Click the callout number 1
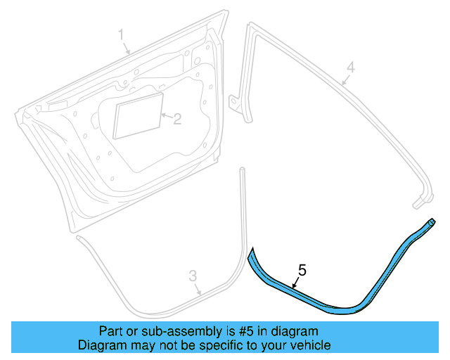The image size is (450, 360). pyautogui.click(x=121, y=34)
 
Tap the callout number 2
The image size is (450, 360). pyautogui.click(x=178, y=119)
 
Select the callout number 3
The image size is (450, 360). pyautogui.click(x=193, y=276)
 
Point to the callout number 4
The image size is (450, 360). pyautogui.click(x=351, y=67)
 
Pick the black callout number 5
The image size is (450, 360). pyautogui.click(x=302, y=270)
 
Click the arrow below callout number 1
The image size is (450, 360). pyautogui.click(x=127, y=49)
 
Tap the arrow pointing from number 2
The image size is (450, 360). pyautogui.click(x=167, y=116)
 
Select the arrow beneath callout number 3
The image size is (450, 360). pyautogui.click(x=198, y=289)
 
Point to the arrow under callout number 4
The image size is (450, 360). pyautogui.click(x=345, y=80)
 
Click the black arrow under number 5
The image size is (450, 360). pyautogui.click(x=295, y=283)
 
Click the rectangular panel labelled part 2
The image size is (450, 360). pyautogui.click(x=139, y=115)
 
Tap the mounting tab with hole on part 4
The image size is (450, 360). pyautogui.click(x=234, y=102)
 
